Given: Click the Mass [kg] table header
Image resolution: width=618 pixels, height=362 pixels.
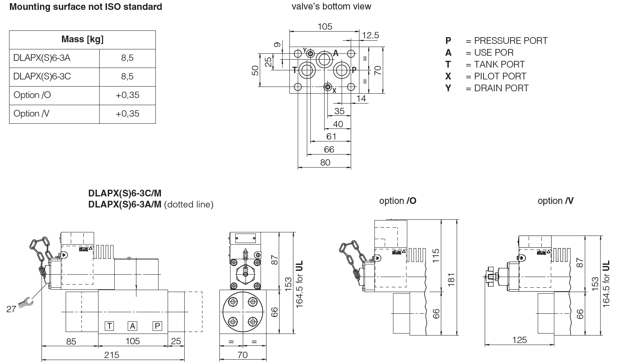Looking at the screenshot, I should pos(82,40).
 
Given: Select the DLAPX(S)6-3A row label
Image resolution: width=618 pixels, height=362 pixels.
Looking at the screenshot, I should pos(42,58).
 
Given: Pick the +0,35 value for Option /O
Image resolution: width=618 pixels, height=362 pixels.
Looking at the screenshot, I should pos(127,95).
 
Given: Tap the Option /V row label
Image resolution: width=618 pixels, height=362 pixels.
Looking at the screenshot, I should pos(32,114).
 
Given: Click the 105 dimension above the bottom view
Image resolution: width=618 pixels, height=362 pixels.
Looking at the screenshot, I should pos(325,26).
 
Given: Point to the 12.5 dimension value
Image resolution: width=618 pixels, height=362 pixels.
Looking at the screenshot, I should pos(370,36).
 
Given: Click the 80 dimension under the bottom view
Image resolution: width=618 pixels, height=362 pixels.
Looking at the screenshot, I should pos(325,162).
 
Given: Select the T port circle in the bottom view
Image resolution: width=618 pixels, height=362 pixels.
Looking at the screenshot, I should pos(307,70).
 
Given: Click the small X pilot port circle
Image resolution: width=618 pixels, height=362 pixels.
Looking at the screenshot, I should pos(327,87).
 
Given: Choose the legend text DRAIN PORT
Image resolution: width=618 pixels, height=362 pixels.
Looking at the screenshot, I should pos(501,88).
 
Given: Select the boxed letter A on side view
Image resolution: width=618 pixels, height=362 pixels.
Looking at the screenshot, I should pos(133,326).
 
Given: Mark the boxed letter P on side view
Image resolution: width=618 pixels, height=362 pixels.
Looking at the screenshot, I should pos(157,326).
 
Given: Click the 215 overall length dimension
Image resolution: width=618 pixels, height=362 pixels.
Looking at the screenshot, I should pos(112,355).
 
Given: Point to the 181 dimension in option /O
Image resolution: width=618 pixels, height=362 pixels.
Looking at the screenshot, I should pos(451,279).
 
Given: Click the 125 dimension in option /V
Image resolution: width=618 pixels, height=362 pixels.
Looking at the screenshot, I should pos(519,340).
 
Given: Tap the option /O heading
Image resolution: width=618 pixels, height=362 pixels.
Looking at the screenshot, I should pos(397,201).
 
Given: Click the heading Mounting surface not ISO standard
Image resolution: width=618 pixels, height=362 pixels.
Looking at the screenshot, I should pos(85,7).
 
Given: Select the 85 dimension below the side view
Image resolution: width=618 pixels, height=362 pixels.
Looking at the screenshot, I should pos(71,341).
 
